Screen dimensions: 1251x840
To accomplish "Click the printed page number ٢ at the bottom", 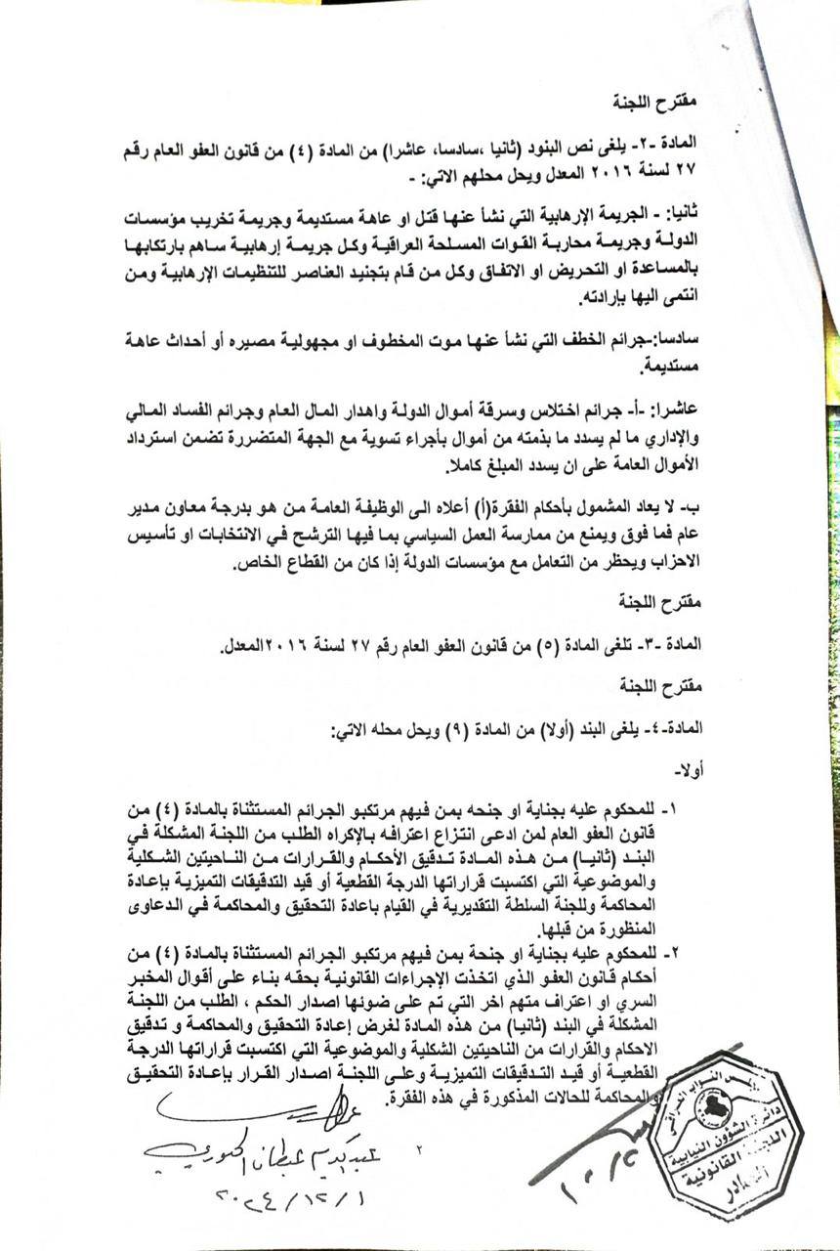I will tap(417, 1150).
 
